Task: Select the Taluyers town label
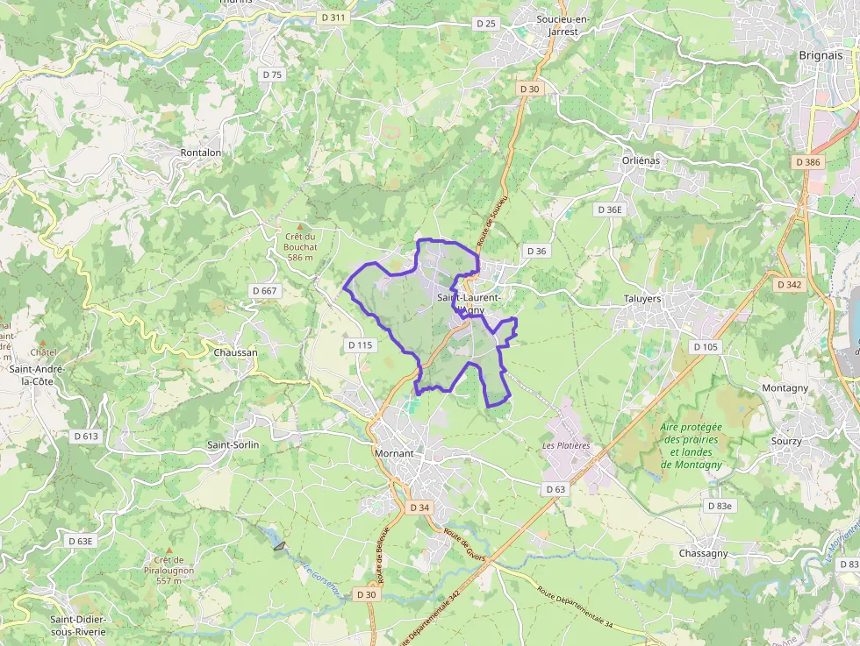click(648, 298)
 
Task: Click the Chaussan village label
click(235, 352)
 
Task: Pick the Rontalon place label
click(200, 152)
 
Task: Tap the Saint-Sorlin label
click(233, 444)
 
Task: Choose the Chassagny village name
click(703, 553)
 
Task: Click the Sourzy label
click(785, 441)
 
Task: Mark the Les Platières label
click(566, 445)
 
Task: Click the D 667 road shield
click(263, 291)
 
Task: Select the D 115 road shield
click(360, 345)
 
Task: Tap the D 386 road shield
click(806, 162)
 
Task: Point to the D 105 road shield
click(706, 347)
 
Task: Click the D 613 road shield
click(86, 436)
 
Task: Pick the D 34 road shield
click(419, 508)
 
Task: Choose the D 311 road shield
click(332, 18)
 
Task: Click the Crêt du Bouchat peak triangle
click(299, 226)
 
